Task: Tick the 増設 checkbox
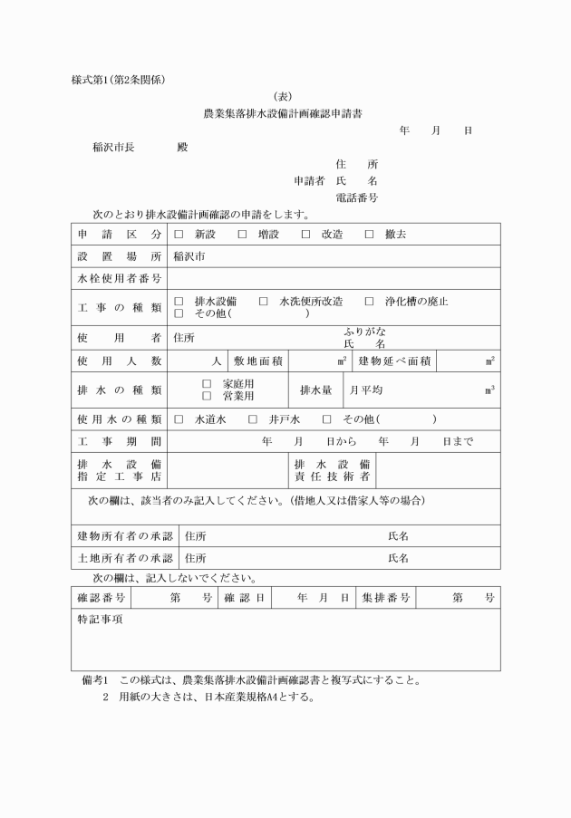(x=242, y=234)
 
